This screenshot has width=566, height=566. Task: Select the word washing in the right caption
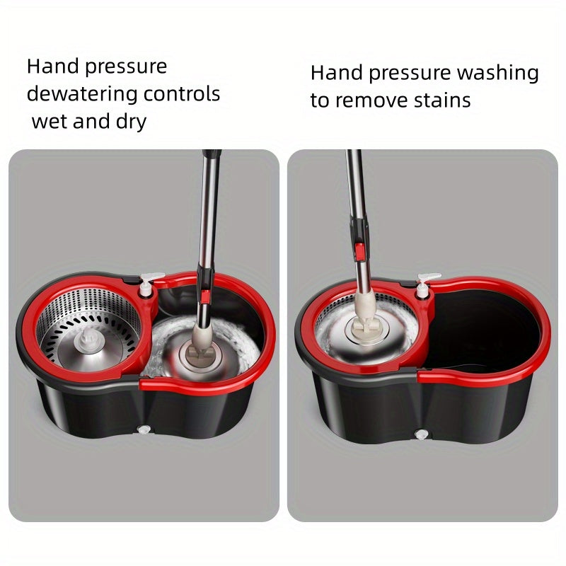click(x=498, y=73)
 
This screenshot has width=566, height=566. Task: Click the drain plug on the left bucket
click(x=146, y=429)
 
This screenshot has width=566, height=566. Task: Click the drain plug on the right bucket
click(x=422, y=432)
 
